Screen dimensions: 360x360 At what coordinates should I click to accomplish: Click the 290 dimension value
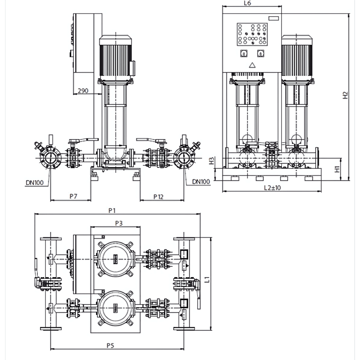point(83,91)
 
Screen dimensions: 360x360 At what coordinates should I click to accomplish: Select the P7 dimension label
point(73,196)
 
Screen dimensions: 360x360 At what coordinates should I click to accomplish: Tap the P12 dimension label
point(158,197)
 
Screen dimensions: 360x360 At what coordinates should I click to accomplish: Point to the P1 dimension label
point(112,211)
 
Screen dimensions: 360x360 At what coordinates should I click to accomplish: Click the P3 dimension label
point(119,223)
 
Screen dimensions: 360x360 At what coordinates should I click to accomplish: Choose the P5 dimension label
point(110,346)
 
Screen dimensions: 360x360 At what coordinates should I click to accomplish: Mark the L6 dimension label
point(247,3)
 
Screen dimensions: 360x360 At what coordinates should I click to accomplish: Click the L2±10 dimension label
point(272,188)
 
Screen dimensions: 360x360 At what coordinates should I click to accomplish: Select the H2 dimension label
point(345,95)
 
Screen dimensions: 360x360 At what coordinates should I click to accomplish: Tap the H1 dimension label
point(337,169)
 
